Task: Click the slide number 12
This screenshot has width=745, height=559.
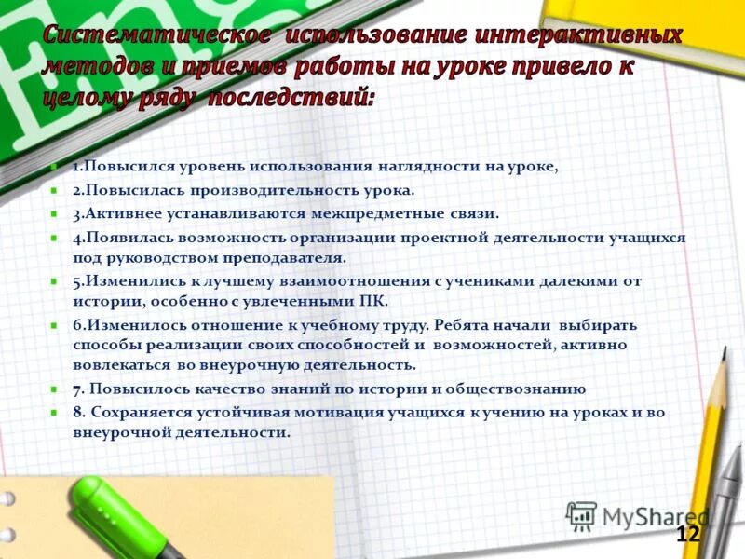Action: click(x=687, y=534)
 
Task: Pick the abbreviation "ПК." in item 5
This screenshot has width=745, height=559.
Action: click(x=372, y=301)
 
